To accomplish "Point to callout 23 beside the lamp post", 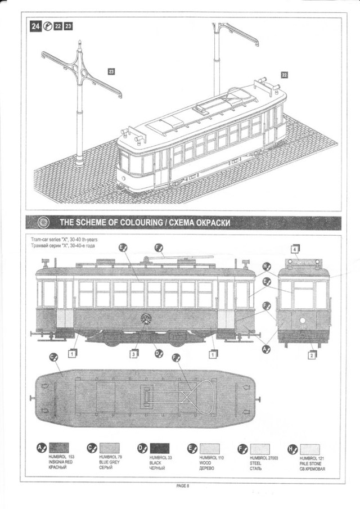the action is [111, 72].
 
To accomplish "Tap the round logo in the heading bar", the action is [46, 222].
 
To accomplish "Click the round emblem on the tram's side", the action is [146, 319].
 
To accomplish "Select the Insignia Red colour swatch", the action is [58, 448].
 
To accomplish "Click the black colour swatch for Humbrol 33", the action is [159, 448].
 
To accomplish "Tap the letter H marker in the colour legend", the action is [291, 448].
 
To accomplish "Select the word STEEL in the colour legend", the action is [255, 463].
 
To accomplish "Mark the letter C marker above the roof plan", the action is [54, 357].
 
